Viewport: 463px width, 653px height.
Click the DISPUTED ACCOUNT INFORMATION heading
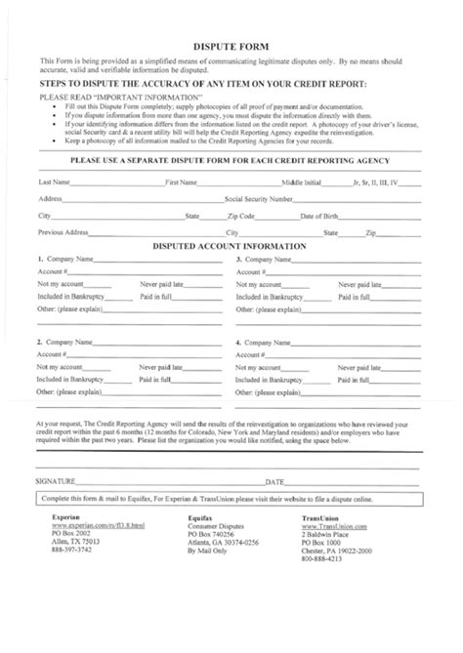pos(231,246)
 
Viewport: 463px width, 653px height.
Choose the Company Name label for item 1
pos(68,259)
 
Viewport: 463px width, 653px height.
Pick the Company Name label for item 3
pos(269,259)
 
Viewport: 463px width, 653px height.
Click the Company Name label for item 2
pos(68,344)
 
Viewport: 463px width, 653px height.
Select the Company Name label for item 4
pos(269,344)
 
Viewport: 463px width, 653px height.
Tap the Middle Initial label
pos(300,183)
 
